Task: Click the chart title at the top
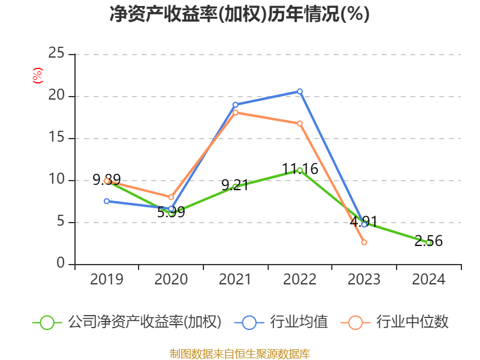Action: coord(239,14)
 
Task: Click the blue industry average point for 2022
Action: coord(300,91)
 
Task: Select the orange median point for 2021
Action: coord(235,112)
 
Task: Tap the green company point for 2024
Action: coord(428,242)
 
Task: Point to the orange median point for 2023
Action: coord(364,242)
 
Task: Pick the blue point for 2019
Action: coord(107,201)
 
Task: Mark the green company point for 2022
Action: coord(300,170)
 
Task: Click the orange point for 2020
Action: coord(171,197)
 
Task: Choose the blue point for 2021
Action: coord(235,104)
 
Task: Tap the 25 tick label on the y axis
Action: coord(56,54)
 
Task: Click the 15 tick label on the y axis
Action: coord(56,138)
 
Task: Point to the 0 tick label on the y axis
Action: coord(61,264)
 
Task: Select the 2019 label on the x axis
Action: coord(107,280)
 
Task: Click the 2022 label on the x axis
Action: coord(300,280)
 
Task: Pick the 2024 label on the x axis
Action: coord(428,280)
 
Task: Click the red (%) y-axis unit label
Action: coord(38,76)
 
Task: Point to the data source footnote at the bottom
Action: coord(239,353)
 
